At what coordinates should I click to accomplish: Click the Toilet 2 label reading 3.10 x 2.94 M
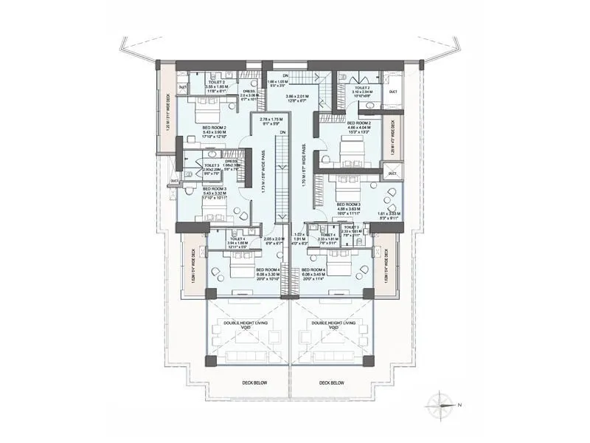pos(355,91)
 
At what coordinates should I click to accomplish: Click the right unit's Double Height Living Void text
pos(334,325)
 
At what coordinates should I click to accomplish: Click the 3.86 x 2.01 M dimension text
pos(300,99)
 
